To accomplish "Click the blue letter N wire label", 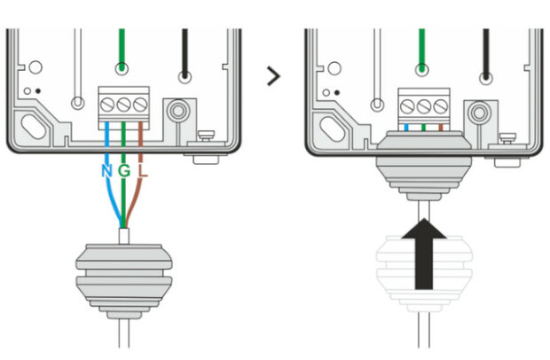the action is (107, 171).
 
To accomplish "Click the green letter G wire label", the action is (124, 171).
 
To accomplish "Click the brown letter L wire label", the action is (143, 171).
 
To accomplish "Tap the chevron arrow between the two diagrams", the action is (273, 75).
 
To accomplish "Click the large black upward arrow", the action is (424, 254).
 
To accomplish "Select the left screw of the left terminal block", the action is (107, 105).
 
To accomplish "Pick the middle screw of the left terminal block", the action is (123, 105).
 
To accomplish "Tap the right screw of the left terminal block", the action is (140, 105).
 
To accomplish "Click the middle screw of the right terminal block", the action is (424, 106).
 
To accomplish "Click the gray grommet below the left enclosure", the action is (124, 281).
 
